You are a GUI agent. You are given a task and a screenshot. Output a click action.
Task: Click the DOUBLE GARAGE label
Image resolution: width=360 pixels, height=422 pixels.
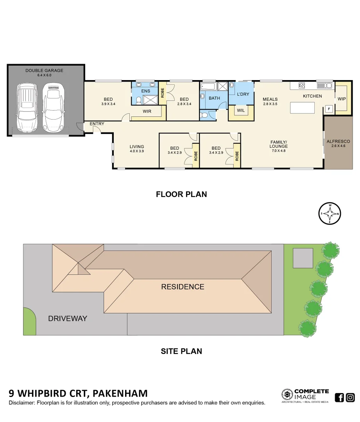[44, 71]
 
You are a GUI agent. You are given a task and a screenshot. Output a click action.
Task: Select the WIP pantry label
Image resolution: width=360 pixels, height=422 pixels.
[341, 99]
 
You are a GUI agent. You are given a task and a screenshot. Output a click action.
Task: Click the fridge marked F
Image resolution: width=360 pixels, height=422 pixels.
[329, 109]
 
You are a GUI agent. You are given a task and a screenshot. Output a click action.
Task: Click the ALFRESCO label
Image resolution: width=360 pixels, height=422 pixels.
[338, 141]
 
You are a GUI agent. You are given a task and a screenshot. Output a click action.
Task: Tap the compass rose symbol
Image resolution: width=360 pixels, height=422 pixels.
[330, 214]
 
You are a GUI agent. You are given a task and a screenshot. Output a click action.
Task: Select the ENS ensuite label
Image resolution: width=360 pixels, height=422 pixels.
[145, 91]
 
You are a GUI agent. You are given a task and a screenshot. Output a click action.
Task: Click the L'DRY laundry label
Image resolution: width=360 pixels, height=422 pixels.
[243, 94]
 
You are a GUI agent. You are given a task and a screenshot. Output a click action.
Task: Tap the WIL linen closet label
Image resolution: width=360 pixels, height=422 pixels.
[241, 111]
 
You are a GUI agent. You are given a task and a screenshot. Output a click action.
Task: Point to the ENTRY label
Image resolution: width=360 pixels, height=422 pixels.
[97, 124]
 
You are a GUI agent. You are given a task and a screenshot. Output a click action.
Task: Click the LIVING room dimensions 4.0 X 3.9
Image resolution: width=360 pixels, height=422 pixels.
[137, 151]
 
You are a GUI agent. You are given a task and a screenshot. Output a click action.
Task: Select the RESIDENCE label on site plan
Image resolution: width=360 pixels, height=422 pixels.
[183, 287]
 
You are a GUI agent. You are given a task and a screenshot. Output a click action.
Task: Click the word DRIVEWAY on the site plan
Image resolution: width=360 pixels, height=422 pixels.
[67, 318]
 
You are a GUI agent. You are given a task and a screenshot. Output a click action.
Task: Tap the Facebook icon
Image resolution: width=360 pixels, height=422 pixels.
[340, 398]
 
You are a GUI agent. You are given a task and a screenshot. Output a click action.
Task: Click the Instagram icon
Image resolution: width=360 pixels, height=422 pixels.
[350, 398]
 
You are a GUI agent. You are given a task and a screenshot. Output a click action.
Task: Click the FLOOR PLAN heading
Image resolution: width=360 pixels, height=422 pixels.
[181, 194]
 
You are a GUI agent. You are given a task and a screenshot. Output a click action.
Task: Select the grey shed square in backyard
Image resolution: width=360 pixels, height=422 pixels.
[303, 256]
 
